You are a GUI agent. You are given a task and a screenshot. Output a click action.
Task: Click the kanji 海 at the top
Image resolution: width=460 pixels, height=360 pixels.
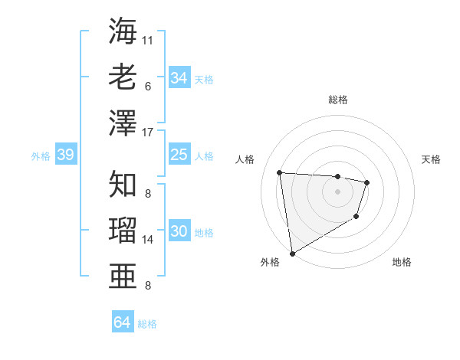coord(123,31)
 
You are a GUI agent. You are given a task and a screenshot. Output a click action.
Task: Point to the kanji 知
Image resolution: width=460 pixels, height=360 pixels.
coord(123,184)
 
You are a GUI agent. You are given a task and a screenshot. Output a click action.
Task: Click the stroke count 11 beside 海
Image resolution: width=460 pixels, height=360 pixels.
coord(148,38)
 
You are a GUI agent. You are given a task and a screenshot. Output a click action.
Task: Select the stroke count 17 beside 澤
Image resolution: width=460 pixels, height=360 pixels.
coord(148,132)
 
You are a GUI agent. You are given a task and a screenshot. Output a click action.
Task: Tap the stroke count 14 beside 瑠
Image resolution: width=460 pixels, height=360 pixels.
coord(148,240)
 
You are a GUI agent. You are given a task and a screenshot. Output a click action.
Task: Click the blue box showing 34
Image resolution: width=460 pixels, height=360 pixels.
coord(179,78)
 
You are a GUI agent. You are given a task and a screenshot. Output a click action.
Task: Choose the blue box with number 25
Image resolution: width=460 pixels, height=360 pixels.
coord(179,155)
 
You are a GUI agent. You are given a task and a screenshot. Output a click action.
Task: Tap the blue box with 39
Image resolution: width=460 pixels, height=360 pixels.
coord(65,155)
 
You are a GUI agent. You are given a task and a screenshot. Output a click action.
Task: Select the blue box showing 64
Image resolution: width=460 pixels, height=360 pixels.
coord(122,322)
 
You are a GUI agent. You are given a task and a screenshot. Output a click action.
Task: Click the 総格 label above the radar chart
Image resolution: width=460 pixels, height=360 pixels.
coord(337,100)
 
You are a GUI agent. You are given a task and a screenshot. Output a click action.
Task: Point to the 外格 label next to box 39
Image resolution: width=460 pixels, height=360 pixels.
coord(41,156)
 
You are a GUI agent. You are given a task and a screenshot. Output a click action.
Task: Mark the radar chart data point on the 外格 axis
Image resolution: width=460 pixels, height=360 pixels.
coord(292,253)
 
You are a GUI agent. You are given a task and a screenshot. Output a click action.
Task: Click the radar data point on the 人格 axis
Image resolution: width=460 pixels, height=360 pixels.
coord(280,172)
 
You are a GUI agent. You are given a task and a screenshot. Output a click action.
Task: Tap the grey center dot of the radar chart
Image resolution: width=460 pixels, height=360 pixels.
coord(337,191)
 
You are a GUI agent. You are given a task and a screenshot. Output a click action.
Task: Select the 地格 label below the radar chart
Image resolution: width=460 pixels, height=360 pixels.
coord(402,263)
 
